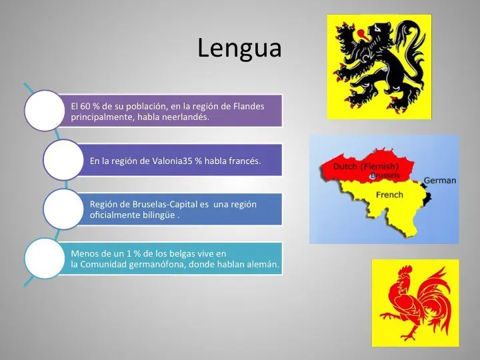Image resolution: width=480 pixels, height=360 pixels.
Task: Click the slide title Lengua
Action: pyautogui.click(x=240, y=49)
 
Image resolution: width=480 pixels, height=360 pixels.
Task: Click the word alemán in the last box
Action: pyautogui.click(x=263, y=265)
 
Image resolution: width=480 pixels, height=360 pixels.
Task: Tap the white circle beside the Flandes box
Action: pyautogui.click(x=45, y=111)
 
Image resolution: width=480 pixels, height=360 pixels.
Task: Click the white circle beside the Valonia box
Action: pyautogui.click(x=63, y=160)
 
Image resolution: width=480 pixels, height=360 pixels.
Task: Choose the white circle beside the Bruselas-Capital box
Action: pyautogui.click(x=63, y=209)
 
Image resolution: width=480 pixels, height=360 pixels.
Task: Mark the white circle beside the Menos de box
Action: pyautogui.click(x=45, y=258)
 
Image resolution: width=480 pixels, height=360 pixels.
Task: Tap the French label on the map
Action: pyautogui.click(x=389, y=195)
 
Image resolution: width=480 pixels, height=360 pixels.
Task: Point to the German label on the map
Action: pyautogui.click(x=440, y=180)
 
